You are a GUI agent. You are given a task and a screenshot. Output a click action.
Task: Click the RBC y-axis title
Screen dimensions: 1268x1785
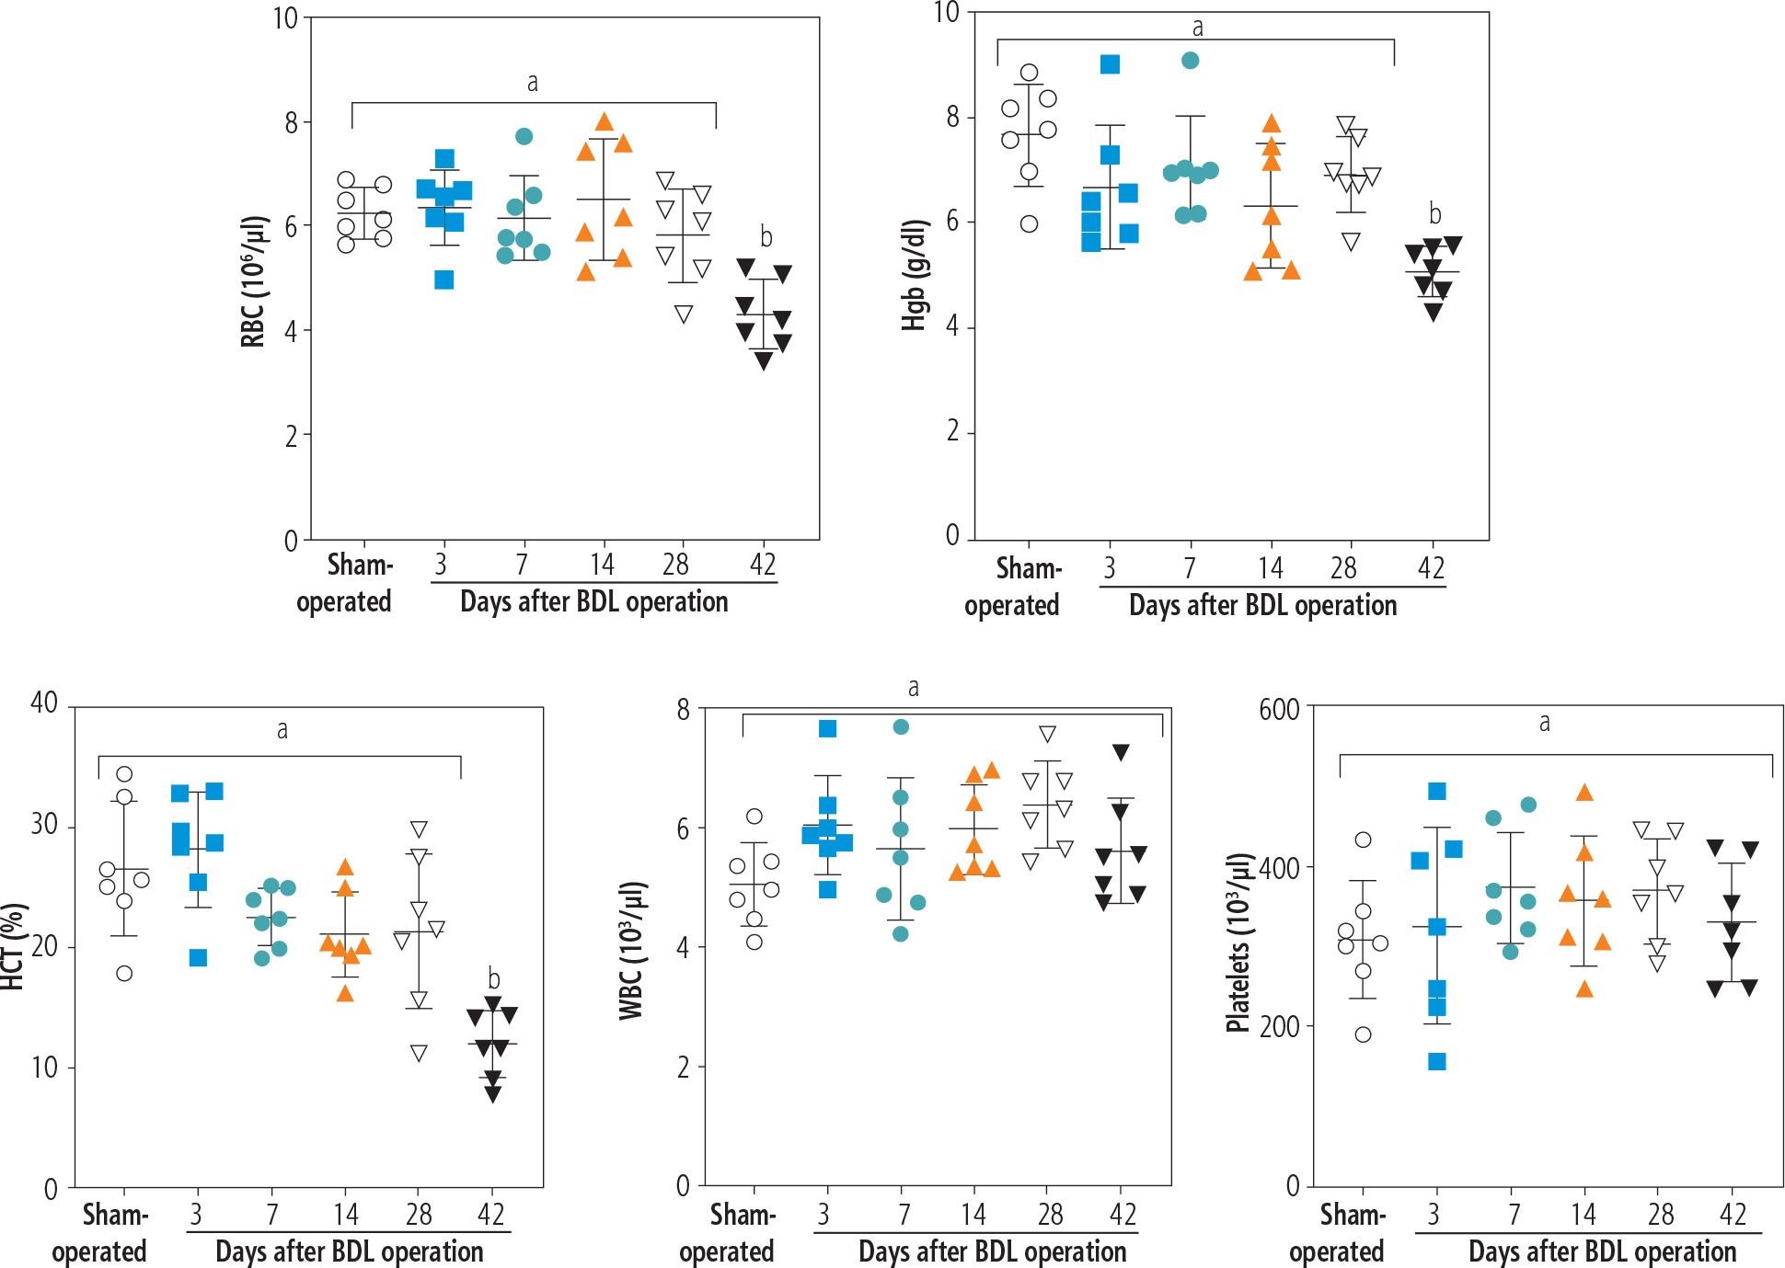[253, 281]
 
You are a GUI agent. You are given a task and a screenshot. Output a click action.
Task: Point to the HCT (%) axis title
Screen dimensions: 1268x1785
[11, 947]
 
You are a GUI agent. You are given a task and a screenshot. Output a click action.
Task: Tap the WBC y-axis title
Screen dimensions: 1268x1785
[631, 951]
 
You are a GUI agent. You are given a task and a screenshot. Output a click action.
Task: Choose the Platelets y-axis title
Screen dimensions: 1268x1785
[1239, 943]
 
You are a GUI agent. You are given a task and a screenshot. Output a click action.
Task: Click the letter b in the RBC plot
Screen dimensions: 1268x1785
[766, 237]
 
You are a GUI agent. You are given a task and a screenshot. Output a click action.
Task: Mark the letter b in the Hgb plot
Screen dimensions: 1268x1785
[1434, 214]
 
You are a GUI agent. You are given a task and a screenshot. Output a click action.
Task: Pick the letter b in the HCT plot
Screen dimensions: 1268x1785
[494, 979]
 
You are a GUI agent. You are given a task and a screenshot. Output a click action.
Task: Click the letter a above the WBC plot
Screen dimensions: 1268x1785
[913, 688]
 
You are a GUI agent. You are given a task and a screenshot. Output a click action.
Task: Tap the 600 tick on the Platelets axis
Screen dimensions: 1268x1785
[1279, 710]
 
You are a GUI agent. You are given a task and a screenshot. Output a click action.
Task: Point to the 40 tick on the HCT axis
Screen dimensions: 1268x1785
[44, 703]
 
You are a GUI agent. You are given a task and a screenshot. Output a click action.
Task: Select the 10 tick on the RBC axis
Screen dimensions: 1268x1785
[285, 18]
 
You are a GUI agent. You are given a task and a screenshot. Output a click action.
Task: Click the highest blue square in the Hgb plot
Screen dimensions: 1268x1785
[1111, 64]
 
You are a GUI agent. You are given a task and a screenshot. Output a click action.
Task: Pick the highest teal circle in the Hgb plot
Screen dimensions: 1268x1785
[1190, 61]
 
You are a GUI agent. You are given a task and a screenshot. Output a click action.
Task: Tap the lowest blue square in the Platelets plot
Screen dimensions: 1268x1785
[1437, 1062]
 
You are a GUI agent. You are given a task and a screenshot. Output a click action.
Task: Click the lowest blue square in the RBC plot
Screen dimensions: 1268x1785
[444, 280]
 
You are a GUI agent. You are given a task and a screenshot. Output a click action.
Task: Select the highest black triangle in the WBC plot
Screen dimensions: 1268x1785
[1121, 752]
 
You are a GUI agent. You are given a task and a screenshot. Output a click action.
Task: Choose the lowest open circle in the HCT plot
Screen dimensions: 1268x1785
[124, 974]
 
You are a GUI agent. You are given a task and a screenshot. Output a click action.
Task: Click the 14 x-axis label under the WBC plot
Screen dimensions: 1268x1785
[973, 1215]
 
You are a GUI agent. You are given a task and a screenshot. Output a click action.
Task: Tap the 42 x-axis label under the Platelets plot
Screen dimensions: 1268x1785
[1733, 1215]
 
